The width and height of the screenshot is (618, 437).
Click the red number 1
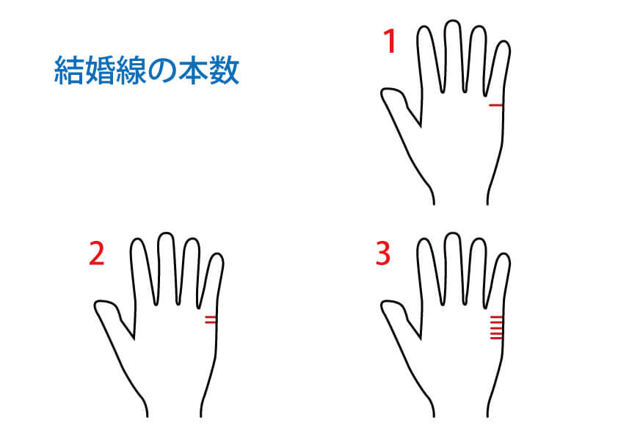pos(390,42)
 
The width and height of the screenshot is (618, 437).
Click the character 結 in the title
pos(69,71)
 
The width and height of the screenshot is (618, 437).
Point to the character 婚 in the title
pos(100,71)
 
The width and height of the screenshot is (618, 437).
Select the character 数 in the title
pos(224,71)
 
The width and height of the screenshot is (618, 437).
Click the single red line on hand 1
pos(496,105)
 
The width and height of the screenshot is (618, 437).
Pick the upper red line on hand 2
pos(211,317)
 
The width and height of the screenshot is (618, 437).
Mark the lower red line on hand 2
pos(211,323)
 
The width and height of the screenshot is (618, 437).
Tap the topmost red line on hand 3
pos(496,317)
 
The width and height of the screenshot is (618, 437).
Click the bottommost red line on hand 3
pos(496,339)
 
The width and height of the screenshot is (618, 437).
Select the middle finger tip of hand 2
pos(166,234)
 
